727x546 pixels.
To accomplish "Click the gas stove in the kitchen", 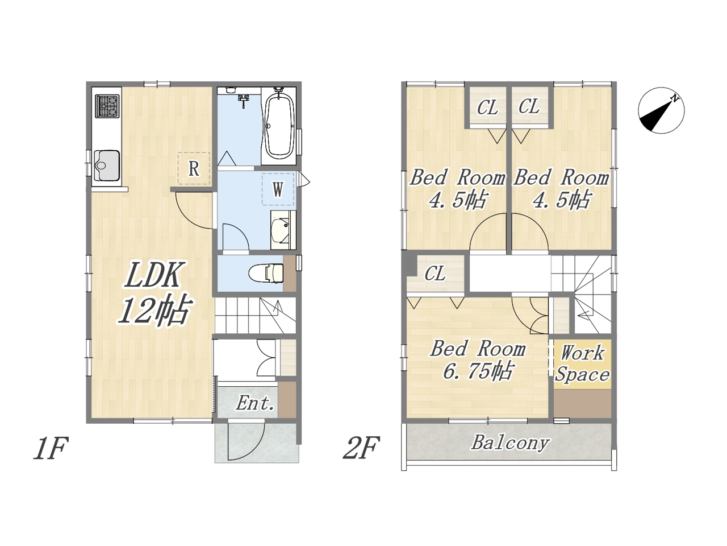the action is tap(107, 106).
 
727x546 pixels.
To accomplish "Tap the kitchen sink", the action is tap(107, 165).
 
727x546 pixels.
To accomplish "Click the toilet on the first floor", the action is tap(266, 273).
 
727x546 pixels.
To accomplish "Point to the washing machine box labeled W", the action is tap(278, 189).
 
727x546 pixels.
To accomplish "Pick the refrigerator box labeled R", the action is tap(194, 168).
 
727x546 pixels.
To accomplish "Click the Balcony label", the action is tap(511, 443).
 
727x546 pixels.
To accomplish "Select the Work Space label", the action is tap(582, 363).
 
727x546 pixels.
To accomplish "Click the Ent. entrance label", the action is tap(255, 403).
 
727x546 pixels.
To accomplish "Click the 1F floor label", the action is tap(51, 448).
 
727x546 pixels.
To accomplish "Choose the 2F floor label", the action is tap(360, 448).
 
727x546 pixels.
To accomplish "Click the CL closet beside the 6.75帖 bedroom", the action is tap(435, 274).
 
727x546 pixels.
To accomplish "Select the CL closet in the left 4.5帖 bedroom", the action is tap(487, 107).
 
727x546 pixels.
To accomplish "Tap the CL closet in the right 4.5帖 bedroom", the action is tap(529, 107).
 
